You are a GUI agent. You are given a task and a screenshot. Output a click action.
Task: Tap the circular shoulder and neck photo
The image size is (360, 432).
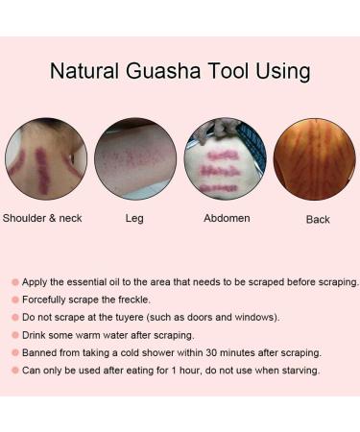46,159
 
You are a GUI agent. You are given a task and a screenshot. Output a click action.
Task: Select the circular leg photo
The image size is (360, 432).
135,159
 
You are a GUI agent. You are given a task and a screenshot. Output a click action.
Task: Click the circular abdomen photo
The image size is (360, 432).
225,159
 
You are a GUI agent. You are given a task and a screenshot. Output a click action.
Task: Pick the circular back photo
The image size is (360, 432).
314,159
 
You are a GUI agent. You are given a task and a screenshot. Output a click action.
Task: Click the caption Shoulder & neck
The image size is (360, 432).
44,219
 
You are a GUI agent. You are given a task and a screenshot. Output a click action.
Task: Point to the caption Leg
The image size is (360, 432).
134,219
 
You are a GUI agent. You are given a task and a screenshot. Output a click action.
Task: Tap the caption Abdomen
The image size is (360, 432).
227,219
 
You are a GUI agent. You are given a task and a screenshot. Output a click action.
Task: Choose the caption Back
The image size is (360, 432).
318,220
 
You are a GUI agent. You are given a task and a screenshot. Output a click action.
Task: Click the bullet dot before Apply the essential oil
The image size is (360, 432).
15,282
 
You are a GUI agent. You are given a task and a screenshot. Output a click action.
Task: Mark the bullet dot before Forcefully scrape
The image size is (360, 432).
15,300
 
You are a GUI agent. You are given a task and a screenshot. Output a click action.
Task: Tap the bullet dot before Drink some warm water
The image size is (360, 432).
15,335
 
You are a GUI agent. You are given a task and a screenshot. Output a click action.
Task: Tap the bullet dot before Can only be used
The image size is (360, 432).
15,371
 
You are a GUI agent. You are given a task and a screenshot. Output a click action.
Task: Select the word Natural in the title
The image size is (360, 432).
84,72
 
